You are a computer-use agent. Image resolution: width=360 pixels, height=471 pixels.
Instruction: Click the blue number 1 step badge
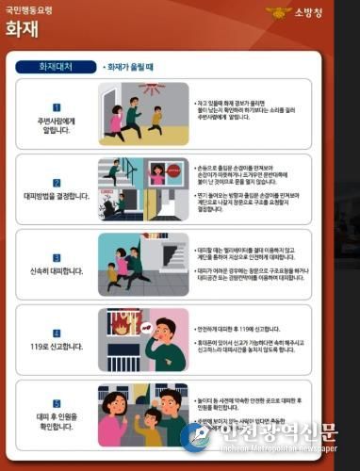coord(57,107)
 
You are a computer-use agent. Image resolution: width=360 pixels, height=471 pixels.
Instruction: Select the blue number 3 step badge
coord(57,256)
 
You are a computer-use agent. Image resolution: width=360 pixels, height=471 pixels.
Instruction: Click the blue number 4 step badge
coord(57,333)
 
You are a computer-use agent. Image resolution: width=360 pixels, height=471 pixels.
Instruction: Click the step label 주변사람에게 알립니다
coord(57,124)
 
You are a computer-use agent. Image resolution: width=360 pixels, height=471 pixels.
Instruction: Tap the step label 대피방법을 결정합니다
coord(57,196)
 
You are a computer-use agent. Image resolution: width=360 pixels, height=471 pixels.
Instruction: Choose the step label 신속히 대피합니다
coord(57,270)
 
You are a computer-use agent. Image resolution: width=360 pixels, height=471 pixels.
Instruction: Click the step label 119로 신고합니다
coord(57,346)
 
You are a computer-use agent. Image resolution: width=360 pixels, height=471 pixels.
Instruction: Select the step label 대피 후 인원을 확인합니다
coord(57,420)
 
